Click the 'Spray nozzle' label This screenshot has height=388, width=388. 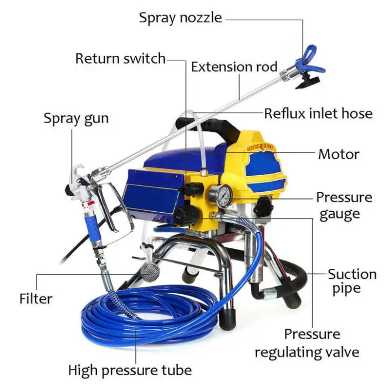(180, 18)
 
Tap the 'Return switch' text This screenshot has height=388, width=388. (120, 58)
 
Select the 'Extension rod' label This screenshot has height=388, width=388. (234, 67)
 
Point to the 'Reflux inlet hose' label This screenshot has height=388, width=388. (318, 114)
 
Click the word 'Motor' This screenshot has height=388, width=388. (339, 154)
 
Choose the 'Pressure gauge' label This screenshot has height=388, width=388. (344, 206)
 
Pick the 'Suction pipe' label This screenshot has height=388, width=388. (352, 281)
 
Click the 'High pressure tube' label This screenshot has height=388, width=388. (130, 370)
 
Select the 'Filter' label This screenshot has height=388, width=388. (35, 299)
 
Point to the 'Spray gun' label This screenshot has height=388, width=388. (76, 118)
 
